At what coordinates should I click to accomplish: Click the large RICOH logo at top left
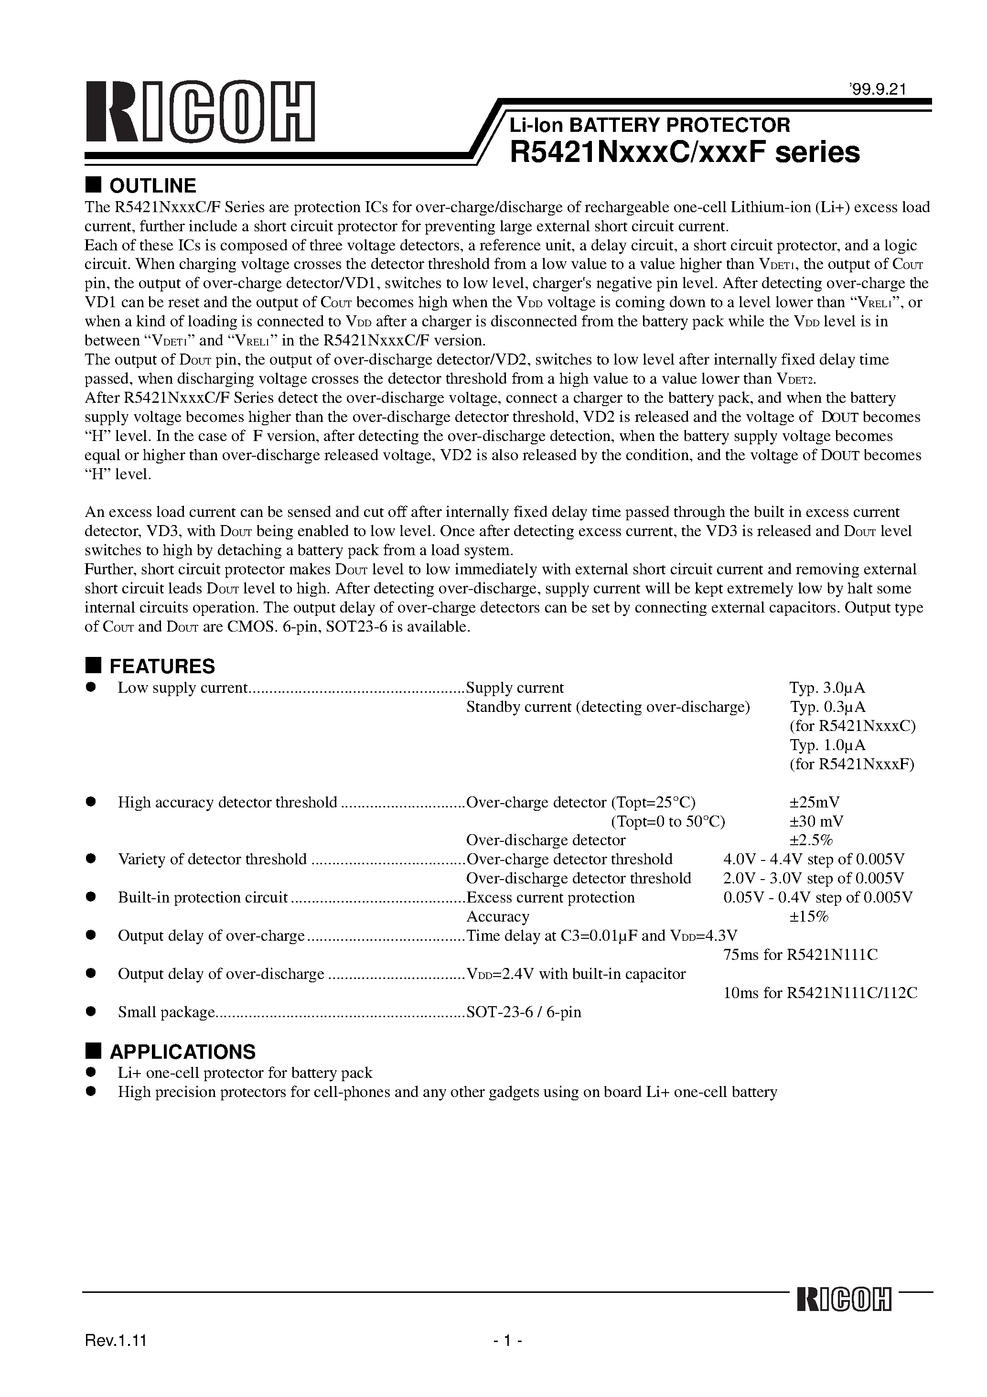(x=200, y=111)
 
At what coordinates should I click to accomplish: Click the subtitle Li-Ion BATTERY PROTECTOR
(x=649, y=125)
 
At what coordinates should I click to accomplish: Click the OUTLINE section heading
(x=152, y=185)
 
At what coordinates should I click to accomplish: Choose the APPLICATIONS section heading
(x=182, y=1052)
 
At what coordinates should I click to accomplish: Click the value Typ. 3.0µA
(x=827, y=688)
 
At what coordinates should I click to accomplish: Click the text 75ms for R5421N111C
(x=800, y=955)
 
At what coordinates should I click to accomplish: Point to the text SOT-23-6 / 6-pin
(x=523, y=1012)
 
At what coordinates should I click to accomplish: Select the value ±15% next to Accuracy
(x=809, y=916)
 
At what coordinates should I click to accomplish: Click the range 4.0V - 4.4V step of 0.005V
(x=814, y=859)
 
